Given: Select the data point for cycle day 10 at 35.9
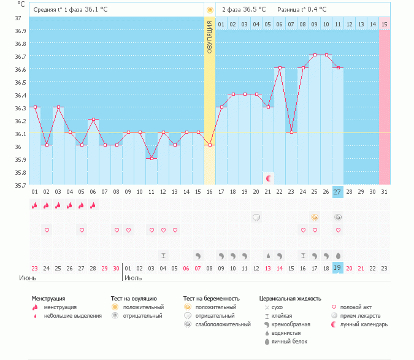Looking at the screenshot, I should (151, 158).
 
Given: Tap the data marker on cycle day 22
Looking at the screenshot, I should (280, 68).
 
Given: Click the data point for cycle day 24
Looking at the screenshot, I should (303, 68).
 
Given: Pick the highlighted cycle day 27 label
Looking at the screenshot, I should (338, 192).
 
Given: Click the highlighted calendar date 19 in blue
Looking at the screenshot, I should (338, 267).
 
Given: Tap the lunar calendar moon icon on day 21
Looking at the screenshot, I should (268, 178).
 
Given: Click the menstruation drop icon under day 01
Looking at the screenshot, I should (35, 205).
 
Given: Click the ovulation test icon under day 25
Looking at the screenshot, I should (315, 217).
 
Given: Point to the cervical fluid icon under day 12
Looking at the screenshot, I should (163, 255).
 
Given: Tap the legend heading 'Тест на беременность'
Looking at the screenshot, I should (210, 299).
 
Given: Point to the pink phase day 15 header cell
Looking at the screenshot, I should (384, 24).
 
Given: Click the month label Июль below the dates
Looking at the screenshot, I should (134, 278).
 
